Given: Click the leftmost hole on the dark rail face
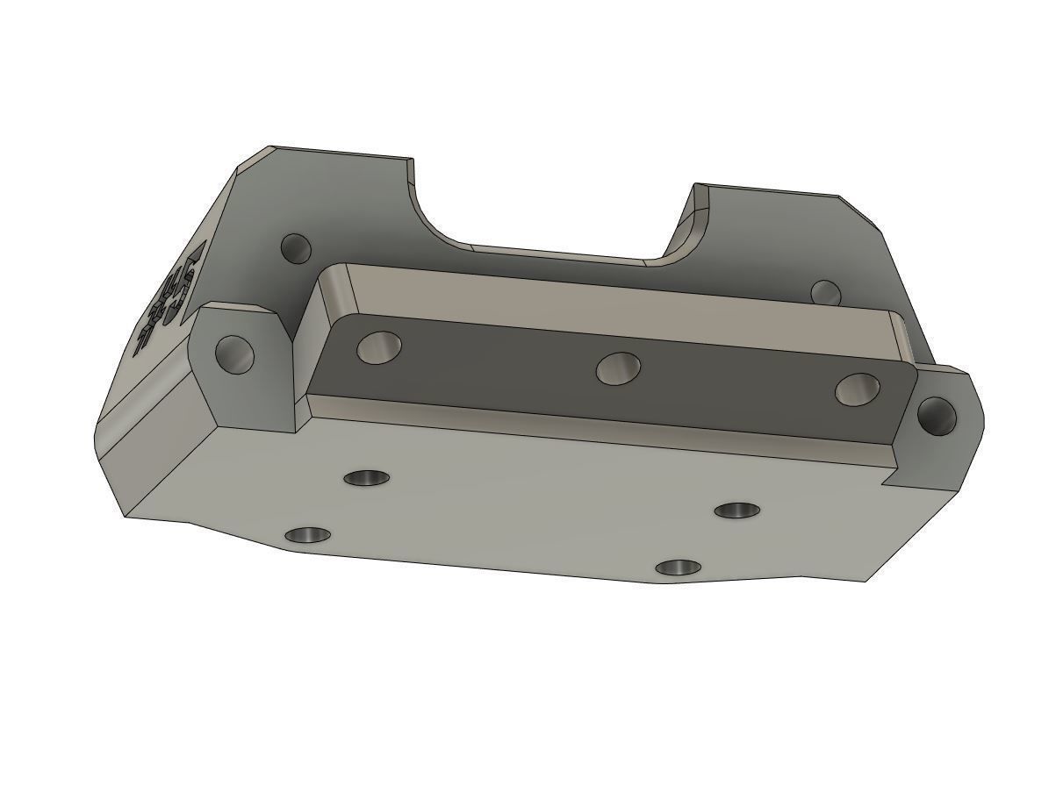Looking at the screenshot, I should (379, 348).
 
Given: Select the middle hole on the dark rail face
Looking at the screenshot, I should (618, 368).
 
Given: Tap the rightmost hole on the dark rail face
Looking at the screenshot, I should (858, 389).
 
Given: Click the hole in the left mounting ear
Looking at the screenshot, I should (235, 354).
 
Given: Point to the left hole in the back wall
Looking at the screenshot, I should (296, 247).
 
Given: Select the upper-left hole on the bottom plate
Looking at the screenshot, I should (367, 478).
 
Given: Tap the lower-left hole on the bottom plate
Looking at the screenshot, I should (309, 534).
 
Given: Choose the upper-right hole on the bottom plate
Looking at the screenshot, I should (737, 511).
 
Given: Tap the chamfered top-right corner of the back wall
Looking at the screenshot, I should (860, 211).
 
